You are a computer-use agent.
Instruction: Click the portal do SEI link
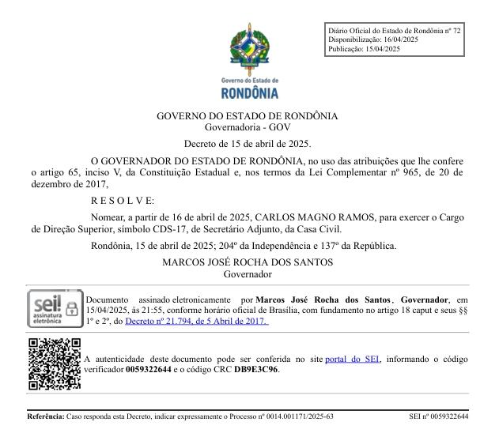click(353, 359)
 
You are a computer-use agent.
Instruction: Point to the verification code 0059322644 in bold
click(154, 369)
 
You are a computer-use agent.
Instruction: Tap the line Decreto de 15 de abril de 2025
click(248, 144)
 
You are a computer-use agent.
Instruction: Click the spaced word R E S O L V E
click(123, 201)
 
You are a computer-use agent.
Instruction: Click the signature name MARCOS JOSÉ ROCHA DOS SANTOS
click(248, 262)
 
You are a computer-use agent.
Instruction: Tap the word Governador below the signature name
click(248, 274)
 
